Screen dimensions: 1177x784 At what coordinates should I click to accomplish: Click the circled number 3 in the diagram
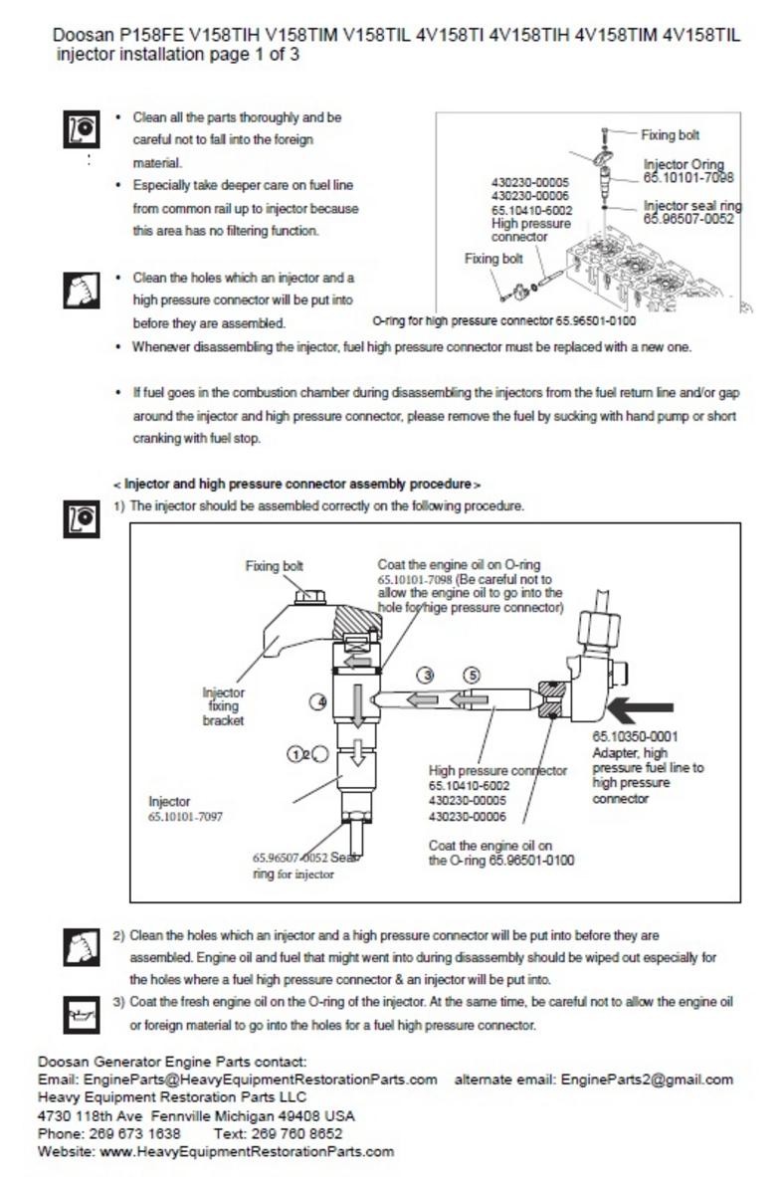pyautogui.click(x=426, y=675)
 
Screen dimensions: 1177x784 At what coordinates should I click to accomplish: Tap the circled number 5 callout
pyautogui.click(x=473, y=675)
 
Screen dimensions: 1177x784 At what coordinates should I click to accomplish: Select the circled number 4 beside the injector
pyautogui.click(x=319, y=701)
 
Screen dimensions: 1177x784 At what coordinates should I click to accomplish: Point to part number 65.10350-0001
pyautogui.click(x=635, y=737)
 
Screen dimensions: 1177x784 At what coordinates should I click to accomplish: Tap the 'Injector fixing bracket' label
pyautogui.click(x=223, y=706)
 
